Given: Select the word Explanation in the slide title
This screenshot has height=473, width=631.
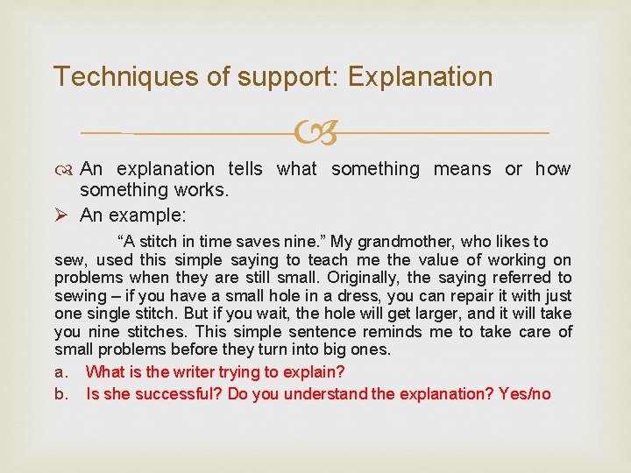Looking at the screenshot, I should click(421, 76).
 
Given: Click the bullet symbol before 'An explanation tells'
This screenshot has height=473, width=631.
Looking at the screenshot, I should click(63, 169).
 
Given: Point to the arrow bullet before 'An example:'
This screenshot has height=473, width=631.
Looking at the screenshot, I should click(62, 214).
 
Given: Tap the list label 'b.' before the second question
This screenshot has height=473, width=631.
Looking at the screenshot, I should click(61, 394).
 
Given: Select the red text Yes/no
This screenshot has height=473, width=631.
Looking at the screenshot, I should click(524, 394).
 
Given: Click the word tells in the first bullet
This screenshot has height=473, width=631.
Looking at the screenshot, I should click(247, 169).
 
